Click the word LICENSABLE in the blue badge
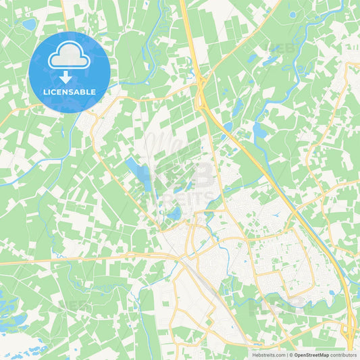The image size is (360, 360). (69, 92)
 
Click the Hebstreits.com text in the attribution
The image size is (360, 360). (269, 355)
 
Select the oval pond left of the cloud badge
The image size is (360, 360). (29, 24)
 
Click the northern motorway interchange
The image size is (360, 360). (201, 91)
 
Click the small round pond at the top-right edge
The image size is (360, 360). (292, 14)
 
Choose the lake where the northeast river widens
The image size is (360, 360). (259, 130)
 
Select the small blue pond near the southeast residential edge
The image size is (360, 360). (331, 293)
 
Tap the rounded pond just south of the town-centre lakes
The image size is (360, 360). (175, 214)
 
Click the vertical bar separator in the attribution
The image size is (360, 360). (286, 355)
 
